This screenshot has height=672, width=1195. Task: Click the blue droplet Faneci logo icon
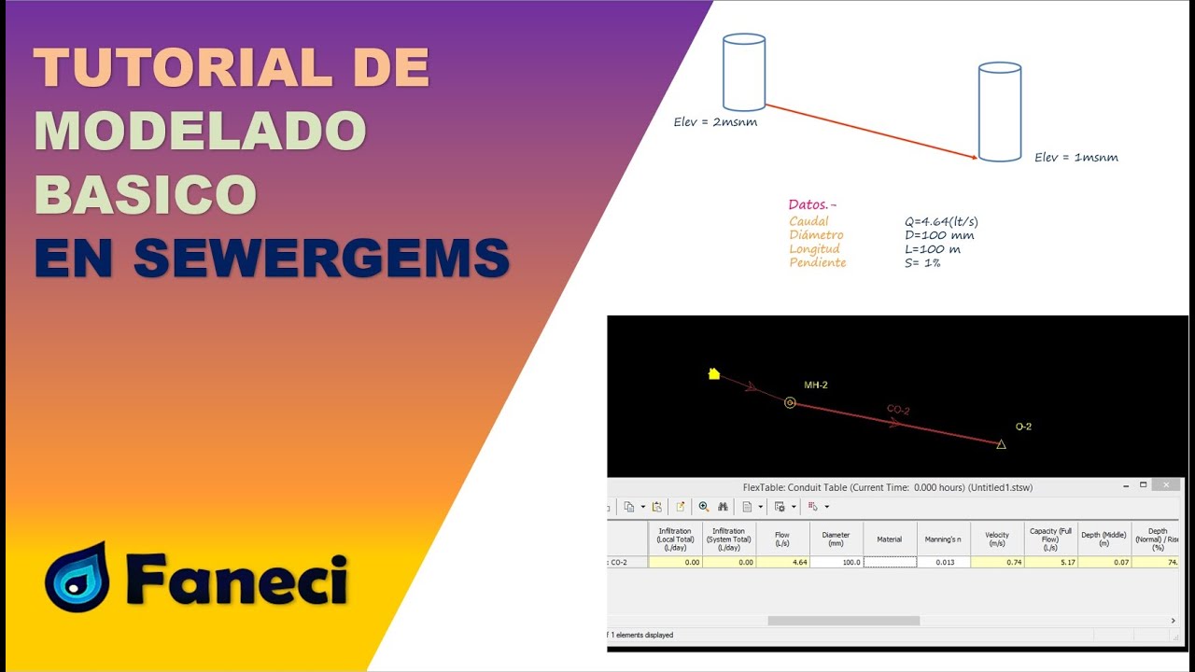click(77, 579)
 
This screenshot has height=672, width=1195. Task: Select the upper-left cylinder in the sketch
click(744, 73)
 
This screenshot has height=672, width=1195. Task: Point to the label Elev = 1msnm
click(1075, 158)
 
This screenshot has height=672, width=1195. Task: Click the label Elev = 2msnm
click(715, 121)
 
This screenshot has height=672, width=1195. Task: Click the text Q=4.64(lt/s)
click(941, 222)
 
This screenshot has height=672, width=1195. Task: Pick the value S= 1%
click(921, 263)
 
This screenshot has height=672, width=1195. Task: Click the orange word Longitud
click(814, 249)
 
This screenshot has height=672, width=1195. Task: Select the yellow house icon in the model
click(714, 374)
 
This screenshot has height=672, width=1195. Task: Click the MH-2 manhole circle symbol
click(790, 403)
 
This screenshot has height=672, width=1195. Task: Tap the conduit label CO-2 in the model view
click(898, 411)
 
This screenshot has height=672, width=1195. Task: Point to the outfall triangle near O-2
click(1001, 444)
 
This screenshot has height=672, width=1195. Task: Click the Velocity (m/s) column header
click(997, 539)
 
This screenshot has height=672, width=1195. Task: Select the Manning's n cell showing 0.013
click(943, 563)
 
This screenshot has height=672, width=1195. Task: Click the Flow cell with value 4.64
click(782, 563)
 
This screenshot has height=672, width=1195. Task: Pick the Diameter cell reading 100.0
click(836, 563)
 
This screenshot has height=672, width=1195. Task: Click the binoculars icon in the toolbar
click(723, 507)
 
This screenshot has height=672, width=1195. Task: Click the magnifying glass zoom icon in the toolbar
click(704, 507)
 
